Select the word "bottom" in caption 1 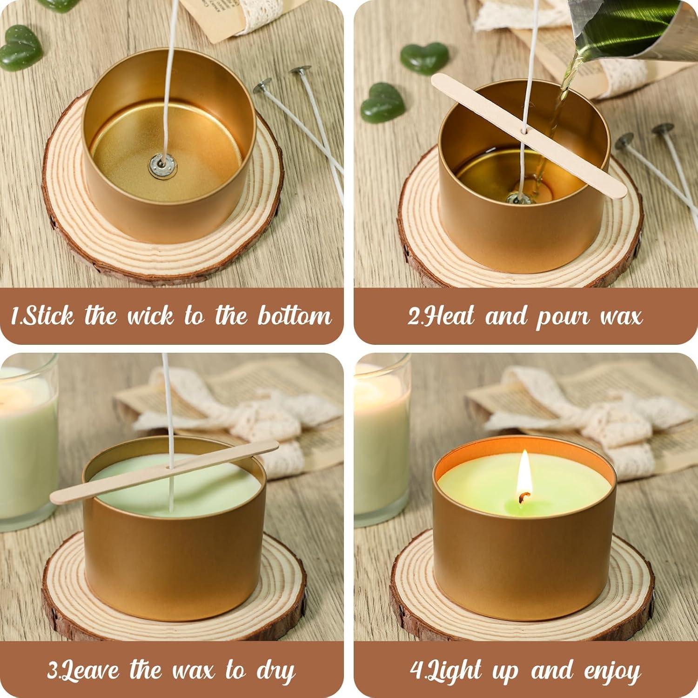295,316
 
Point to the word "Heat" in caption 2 446,316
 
